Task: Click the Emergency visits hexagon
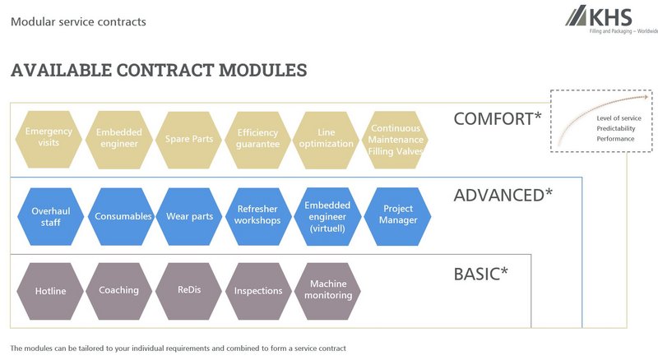point(49,138)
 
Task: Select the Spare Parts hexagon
point(188,138)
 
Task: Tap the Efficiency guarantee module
point(258,138)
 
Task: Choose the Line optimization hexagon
point(327,138)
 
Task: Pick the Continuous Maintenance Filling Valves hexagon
point(396,138)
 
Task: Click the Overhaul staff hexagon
point(49,216)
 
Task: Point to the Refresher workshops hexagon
point(258,216)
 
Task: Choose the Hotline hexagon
point(50,291)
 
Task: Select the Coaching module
point(119,290)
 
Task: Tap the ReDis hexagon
point(188,290)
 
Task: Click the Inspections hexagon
point(258,290)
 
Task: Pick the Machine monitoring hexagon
point(327,290)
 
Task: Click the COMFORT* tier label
point(497,119)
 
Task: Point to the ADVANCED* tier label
point(503,195)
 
